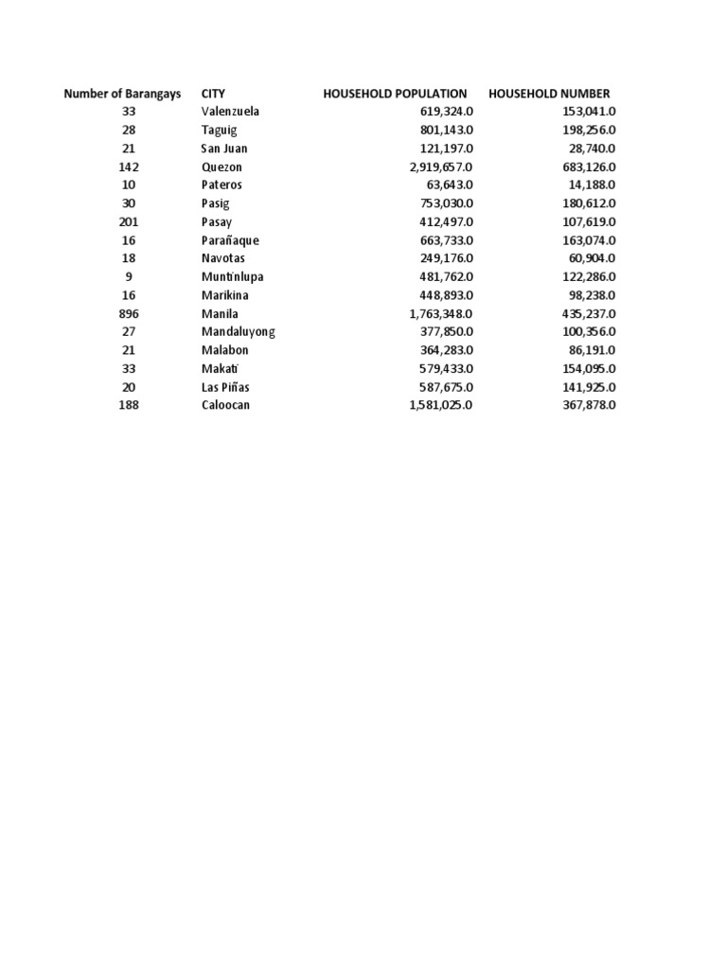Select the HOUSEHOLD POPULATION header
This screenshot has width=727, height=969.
click(395, 94)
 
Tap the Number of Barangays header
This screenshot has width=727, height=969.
click(122, 94)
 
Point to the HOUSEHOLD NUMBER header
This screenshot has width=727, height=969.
click(549, 94)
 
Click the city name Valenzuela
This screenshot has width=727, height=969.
click(230, 112)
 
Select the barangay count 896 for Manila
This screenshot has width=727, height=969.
click(129, 314)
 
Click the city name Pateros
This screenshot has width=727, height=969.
click(222, 185)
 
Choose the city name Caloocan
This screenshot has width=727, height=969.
click(225, 406)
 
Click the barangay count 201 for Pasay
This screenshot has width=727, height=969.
click(129, 222)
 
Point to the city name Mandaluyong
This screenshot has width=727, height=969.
click(238, 332)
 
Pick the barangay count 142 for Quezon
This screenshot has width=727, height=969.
click(129, 167)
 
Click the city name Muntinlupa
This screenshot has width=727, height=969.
click(232, 277)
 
